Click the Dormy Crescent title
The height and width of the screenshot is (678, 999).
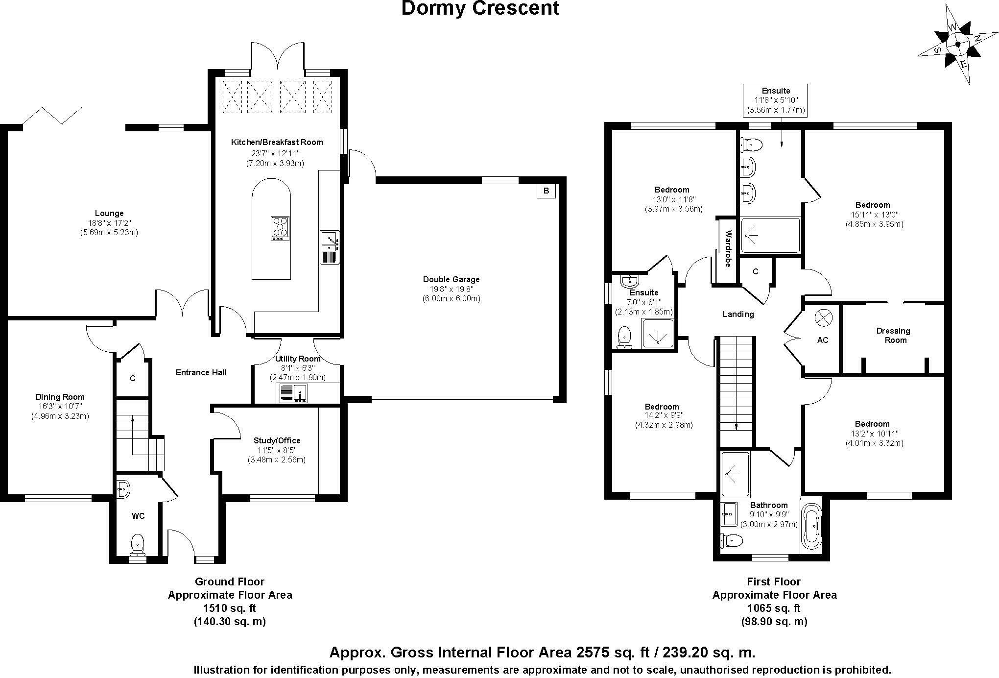point(480,9)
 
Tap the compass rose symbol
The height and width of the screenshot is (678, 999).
point(957,44)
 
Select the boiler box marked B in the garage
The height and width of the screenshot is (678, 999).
point(546,191)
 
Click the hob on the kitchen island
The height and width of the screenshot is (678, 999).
point(280,228)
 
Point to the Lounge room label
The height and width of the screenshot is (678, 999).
point(109,213)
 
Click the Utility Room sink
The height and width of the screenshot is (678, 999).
point(293,393)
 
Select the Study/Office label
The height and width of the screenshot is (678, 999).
point(277,440)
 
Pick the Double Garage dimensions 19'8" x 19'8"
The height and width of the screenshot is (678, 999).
point(451,289)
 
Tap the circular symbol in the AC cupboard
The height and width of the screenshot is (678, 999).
point(823,318)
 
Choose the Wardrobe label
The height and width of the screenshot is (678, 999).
point(728,249)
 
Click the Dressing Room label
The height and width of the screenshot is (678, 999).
point(893,336)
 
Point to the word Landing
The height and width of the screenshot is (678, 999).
point(738,314)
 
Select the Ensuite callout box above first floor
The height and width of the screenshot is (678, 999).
point(776,100)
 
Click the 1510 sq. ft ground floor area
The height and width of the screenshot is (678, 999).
point(230,608)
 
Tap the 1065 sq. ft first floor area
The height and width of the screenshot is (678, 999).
point(774,608)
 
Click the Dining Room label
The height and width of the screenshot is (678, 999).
point(60,397)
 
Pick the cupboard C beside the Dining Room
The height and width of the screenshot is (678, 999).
point(132,378)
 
